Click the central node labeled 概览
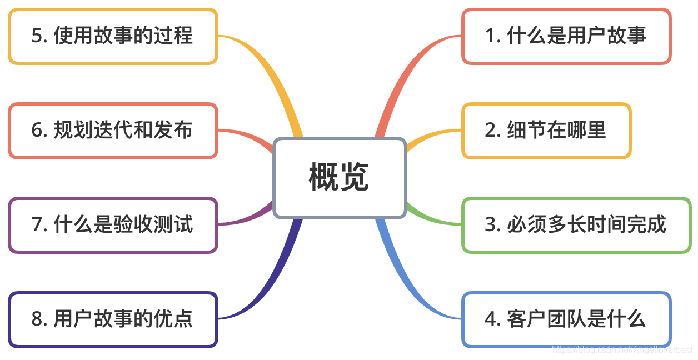tap(340, 178)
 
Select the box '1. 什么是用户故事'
tap(566, 36)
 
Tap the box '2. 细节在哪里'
tap(546, 131)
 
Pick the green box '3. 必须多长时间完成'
tap(576, 225)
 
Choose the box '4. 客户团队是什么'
tap(566, 319)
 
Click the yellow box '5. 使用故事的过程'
tap(113, 36)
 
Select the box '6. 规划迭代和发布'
tap(113, 131)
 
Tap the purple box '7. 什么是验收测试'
tap(113, 225)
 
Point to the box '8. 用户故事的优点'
tap(113, 319)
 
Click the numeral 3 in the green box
tap(490, 225)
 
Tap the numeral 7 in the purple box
tap(37, 225)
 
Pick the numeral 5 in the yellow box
tap(37, 36)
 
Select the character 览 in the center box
tap(355, 178)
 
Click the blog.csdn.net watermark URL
tap(622, 350)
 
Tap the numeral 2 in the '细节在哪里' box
tap(490, 131)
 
